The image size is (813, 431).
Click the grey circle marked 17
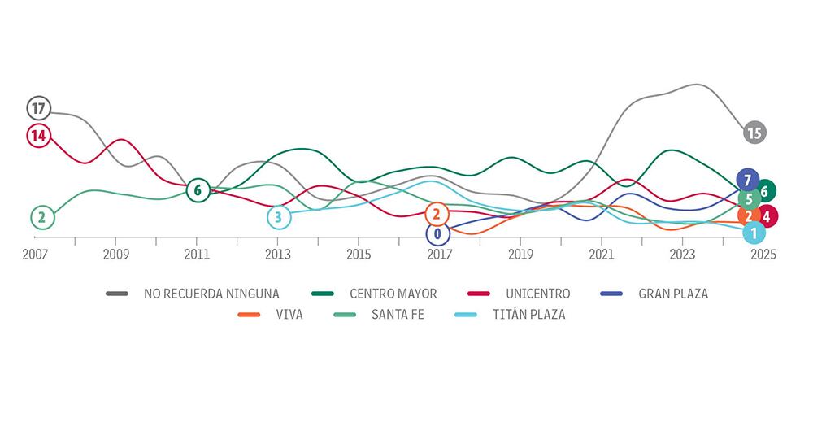click(38, 107)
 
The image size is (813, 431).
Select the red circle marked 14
click(38, 136)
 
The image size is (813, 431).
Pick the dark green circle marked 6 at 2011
click(198, 190)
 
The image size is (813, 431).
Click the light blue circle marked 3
click(278, 217)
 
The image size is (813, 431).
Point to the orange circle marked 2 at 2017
click(437, 214)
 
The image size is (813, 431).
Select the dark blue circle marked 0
click(437, 234)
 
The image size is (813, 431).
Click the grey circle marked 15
click(754, 133)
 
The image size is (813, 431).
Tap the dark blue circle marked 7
click(747, 179)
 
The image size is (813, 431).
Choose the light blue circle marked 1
click(754, 233)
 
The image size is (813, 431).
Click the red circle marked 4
click(767, 216)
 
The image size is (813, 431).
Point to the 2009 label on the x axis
click(115, 255)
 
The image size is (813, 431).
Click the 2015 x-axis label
click(359, 255)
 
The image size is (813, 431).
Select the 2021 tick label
click(602, 255)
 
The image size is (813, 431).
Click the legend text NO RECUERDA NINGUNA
click(211, 294)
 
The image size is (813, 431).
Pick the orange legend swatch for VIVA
click(249, 315)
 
